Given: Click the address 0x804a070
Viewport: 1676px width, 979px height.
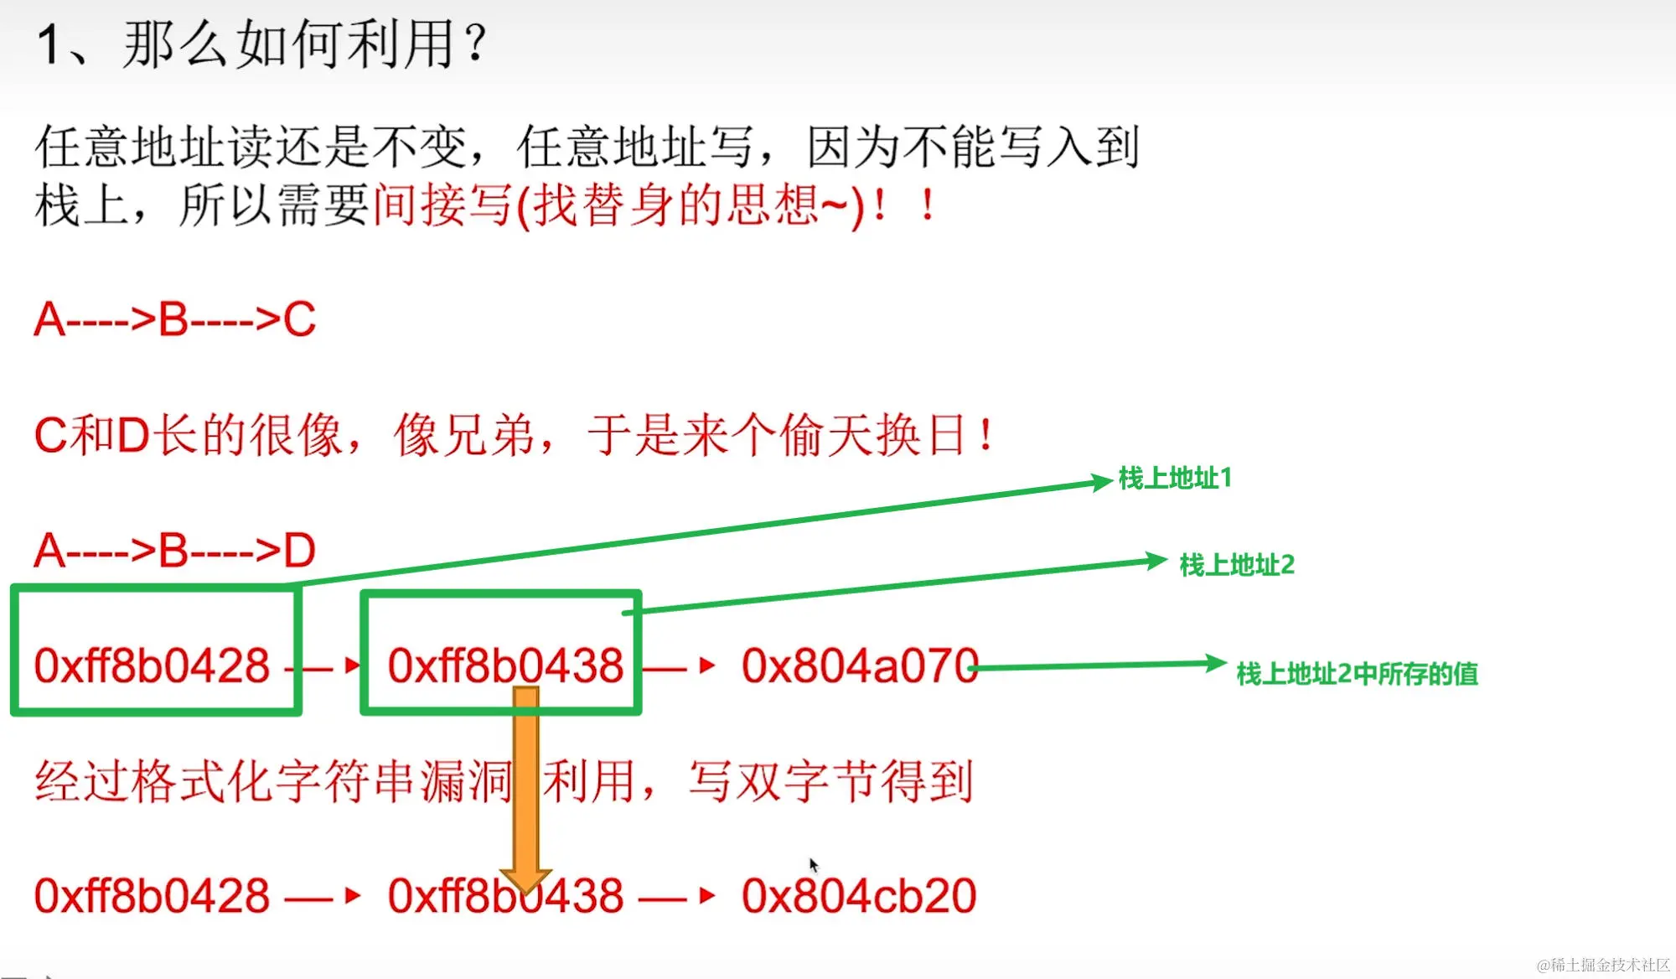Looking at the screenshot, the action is (858, 666).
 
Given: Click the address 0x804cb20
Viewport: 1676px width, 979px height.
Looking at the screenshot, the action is (858, 896).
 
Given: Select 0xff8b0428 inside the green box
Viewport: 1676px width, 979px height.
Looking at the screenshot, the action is (152, 666).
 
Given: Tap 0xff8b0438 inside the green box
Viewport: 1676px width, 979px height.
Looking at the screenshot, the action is (505, 666).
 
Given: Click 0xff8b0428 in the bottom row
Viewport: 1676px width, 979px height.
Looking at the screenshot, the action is (152, 896).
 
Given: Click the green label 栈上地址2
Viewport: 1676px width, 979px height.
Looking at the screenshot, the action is (1237, 565).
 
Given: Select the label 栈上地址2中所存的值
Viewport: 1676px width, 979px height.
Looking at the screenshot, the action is (1357, 674).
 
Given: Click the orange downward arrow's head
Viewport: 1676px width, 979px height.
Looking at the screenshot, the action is (525, 880).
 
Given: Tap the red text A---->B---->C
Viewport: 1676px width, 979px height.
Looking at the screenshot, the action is (174, 319).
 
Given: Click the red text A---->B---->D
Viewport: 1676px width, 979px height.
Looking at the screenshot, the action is (174, 551).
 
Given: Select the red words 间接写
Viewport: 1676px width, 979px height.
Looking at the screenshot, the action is (442, 205).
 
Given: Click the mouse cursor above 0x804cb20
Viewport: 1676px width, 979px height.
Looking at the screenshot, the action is (813, 864).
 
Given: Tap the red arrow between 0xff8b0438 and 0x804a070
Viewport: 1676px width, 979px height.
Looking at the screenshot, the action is (679, 666).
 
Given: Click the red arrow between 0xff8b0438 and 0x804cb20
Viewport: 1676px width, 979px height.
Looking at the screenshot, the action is (679, 896).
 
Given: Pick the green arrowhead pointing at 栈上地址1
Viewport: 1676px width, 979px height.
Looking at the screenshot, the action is (1101, 482).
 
